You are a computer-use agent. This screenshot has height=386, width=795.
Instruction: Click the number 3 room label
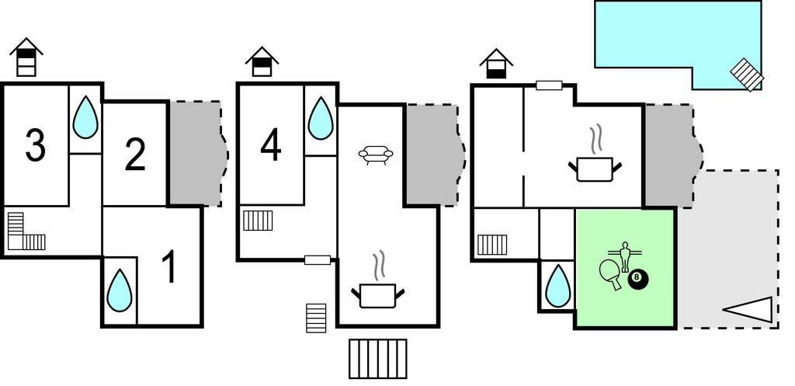pos(36,145)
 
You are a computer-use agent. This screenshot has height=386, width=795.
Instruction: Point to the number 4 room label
pos(270,145)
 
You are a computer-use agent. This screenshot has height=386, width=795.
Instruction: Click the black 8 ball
pos(637,279)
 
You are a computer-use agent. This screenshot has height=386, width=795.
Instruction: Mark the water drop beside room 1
pos(120,290)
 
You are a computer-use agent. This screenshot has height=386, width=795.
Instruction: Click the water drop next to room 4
pos(320,118)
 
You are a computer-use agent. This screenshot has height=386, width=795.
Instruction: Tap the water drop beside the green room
pos(557,286)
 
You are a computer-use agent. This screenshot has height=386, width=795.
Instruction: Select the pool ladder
pos(747,75)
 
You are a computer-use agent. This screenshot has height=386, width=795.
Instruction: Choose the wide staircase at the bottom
pos(377,358)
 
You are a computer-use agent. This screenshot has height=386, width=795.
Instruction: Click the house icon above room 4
pos(262,61)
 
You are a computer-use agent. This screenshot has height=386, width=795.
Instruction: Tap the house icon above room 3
pos(26,57)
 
